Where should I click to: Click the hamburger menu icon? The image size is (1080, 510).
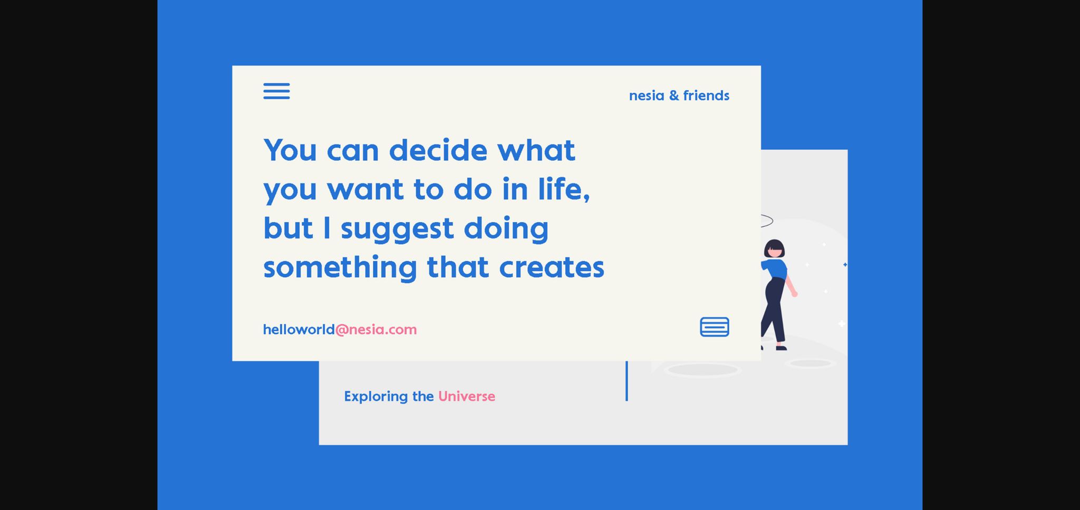(276, 91)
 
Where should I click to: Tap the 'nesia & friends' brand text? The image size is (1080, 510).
(679, 95)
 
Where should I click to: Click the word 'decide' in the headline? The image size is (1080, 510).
(438, 150)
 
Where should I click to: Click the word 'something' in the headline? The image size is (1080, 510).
(340, 267)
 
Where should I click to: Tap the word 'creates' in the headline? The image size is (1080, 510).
(552, 267)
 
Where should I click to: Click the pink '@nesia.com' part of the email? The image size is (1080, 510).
(376, 330)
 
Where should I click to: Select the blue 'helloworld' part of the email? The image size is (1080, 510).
(299, 330)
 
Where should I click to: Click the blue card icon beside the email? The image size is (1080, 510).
(715, 327)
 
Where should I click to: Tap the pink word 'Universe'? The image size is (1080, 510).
(467, 396)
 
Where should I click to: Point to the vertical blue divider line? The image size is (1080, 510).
(626, 381)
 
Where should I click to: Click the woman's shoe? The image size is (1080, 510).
(781, 348)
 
